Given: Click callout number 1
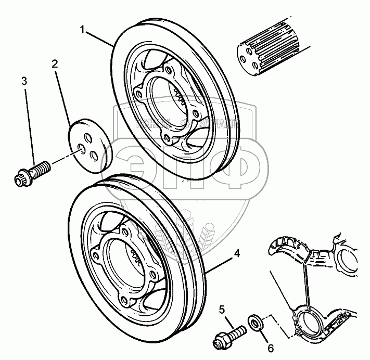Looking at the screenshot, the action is [x=82, y=29].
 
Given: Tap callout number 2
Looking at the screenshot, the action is [x=54, y=65].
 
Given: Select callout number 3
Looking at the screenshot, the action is [x=24, y=81].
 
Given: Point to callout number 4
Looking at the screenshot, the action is [x=236, y=253].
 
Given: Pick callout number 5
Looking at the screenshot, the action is [x=222, y=310].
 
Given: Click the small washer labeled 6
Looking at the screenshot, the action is [x=256, y=321].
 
